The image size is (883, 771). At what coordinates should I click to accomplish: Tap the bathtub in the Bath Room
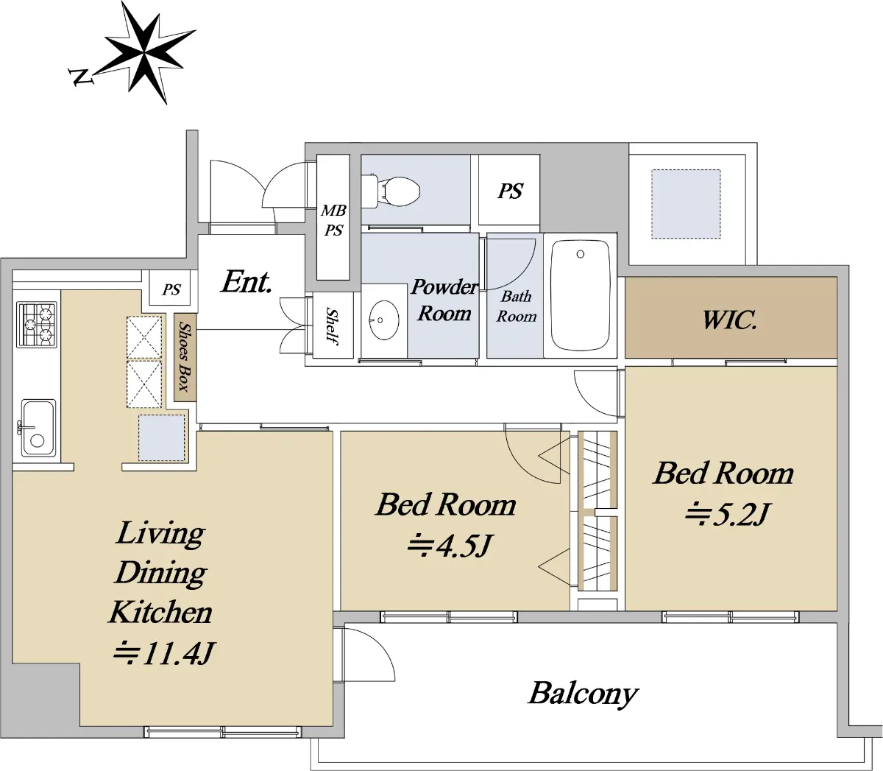point(581,295)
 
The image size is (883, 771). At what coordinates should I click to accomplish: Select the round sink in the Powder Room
point(383,320)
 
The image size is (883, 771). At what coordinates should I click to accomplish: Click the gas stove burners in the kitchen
point(36,325)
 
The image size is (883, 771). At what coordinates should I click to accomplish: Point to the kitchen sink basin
point(38,428)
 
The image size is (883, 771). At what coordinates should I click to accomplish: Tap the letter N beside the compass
point(81,77)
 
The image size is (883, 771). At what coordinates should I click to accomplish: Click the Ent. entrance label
point(247,282)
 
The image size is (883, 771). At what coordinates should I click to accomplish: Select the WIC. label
point(729,320)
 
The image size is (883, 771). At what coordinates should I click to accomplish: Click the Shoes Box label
point(185,356)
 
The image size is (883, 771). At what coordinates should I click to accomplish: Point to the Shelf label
point(332,326)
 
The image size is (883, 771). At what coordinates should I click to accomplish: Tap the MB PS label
point(333,221)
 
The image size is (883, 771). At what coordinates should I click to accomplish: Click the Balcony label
point(583,694)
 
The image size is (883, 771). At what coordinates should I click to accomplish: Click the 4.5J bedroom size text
point(450,546)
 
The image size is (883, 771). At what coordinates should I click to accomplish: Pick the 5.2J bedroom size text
point(727,514)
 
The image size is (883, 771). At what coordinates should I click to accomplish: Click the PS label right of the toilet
point(511,191)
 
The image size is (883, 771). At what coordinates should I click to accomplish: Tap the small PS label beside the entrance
point(171,289)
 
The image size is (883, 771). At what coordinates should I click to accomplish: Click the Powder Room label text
point(444,300)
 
